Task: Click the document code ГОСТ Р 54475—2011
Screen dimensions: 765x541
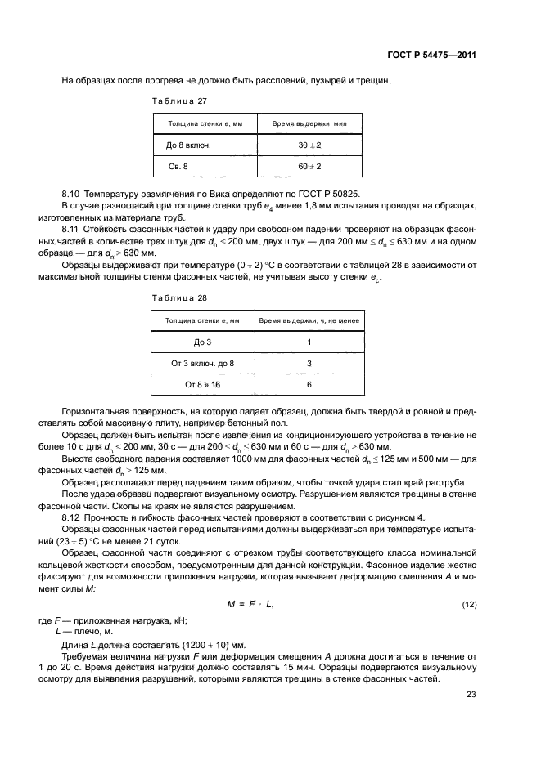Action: tap(431, 56)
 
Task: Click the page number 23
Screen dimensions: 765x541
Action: tap(471, 695)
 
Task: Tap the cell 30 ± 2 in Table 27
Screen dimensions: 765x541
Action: tap(309, 145)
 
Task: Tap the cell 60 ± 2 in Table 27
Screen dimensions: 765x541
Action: tap(309, 166)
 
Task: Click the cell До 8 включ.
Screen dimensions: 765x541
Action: tap(189, 145)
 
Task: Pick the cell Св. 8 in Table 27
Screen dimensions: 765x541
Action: tap(178, 166)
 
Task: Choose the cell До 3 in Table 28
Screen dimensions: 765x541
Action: tap(202, 342)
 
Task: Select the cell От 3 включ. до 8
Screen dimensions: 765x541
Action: tap(202, 362)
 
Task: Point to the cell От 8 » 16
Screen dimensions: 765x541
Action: tap(202, 383)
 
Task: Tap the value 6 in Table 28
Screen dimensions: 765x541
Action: tap(309, 383)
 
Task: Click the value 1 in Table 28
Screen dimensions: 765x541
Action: tap(309, 342)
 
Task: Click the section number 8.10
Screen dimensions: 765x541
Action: tap(71, 194)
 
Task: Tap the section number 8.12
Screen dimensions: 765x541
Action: tap(71, 517)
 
